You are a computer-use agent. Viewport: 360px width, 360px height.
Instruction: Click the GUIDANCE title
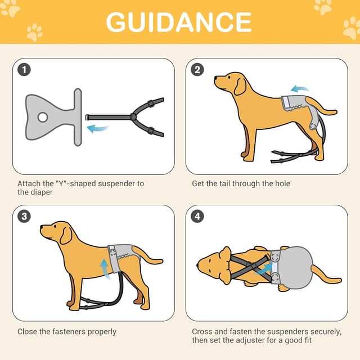(179, 22)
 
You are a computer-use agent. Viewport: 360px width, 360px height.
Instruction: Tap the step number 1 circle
(24, 70)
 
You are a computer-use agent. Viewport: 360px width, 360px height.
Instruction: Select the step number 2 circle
(197, 70)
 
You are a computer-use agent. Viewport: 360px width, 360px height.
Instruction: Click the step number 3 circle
(24, 217)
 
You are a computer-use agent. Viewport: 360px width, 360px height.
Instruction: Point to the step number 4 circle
(197, 217)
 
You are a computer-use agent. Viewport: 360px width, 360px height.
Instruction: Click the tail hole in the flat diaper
(43, 118)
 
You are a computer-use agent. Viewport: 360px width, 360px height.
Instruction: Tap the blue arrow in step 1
(97, 129)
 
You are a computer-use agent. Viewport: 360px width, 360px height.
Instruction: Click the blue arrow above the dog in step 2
(300, 89)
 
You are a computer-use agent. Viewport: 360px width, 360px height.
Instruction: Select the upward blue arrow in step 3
(105, 269)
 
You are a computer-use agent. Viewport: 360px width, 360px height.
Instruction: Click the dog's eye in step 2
(229, 78)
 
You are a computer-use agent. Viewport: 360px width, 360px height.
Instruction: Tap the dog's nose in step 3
(42, 227)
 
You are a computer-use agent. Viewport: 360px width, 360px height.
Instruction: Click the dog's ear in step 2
(240, 87)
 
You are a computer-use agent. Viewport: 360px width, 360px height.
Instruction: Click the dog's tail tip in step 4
(340, 280)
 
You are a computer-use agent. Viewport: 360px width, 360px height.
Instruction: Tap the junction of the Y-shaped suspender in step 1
(133, 117)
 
